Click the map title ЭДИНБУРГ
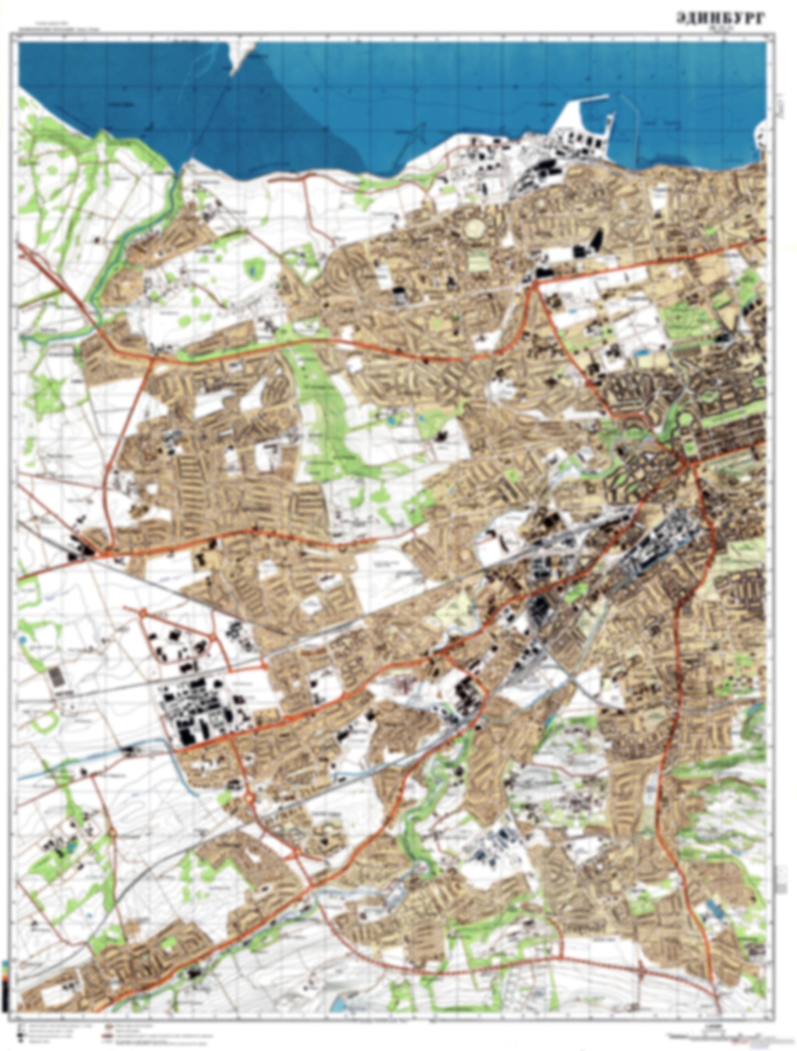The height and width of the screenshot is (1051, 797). tap(720, 19)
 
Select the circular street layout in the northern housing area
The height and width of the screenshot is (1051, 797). tap(474, 227)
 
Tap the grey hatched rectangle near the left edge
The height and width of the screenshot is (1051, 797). tap(55, 677)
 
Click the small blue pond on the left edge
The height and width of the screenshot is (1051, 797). tap(22, 640)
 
